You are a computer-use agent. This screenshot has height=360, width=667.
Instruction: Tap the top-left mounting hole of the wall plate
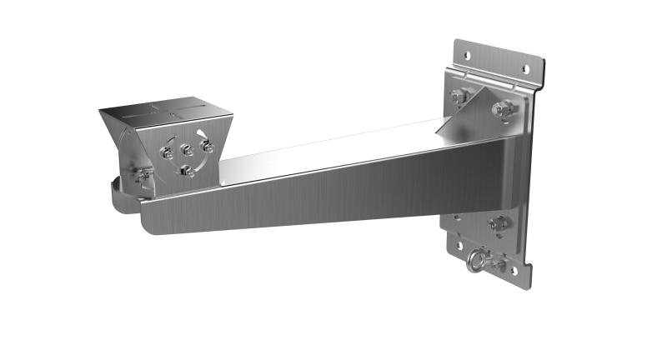click(466, 56)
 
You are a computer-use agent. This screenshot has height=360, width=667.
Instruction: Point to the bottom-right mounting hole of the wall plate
click(514, 271)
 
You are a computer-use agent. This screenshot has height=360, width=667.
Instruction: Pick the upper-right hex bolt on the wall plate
click(504, 108)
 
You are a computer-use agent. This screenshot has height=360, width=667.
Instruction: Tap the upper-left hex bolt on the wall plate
click(459, 96)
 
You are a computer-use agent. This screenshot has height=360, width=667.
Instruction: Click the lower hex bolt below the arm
click(499, 223)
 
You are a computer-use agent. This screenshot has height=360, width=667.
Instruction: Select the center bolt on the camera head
click(188, 151)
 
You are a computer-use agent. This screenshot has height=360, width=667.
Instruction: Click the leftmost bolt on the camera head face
click(167, 153)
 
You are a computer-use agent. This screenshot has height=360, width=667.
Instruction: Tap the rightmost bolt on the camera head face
click(207, 147)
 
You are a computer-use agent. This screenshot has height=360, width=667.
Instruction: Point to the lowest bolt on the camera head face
click(188, 172)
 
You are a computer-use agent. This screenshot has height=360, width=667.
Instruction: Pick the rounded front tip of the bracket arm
click(150, 220)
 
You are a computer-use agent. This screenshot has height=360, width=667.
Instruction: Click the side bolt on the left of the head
click(144, 174)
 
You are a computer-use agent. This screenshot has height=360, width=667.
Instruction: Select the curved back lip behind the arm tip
click(117, 196)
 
